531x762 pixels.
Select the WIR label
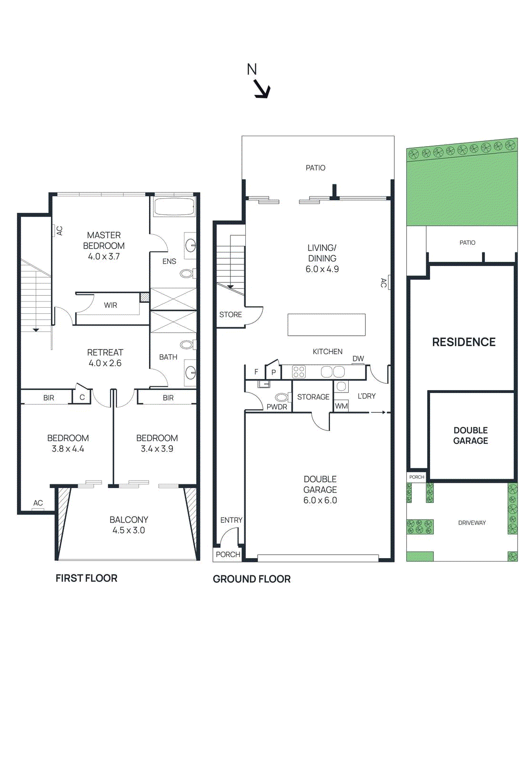click(110, 305)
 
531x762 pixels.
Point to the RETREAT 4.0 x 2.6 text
click(105, 358)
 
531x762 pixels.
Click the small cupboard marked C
click(82, 397)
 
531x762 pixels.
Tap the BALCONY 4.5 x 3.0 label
click(129, 525)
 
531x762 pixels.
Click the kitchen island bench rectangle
click(326, 325)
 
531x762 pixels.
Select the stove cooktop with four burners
click(299, 371)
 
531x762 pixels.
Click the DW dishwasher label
click(358, 359)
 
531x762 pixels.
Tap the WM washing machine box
click(341, 406)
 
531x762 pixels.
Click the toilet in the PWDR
click(281, 397)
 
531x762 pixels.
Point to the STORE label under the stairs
click(230, 315)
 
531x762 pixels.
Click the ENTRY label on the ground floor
click(231, 520)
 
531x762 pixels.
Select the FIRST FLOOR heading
click(86, 578)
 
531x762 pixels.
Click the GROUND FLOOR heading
click(251, 579)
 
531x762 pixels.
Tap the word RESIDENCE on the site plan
click(464, 342)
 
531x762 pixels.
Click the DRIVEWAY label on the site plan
click(472, 523)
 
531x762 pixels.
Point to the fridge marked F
click(256, 372)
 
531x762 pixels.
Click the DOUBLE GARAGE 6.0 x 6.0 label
click(320, 490)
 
